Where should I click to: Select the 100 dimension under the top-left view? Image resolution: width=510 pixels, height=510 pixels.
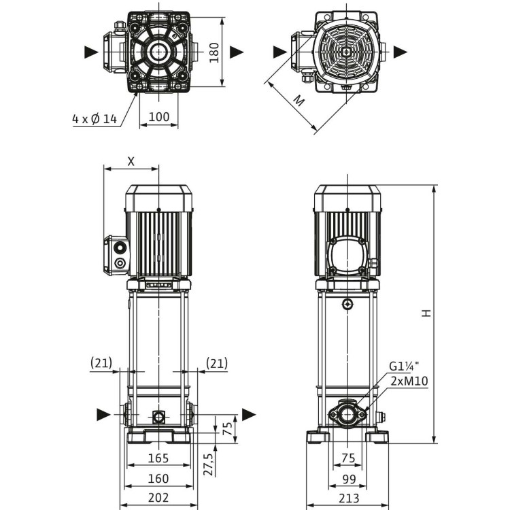coord(158,117)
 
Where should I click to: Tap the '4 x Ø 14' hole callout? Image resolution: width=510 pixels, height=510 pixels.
coord(95,119)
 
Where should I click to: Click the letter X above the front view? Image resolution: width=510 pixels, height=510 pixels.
coord(131,161)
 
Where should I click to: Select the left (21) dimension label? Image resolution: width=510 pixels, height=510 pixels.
coord(101,364)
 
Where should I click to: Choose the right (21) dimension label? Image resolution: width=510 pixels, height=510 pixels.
coord(216,364)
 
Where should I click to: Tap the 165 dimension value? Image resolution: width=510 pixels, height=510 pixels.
coord(158,459)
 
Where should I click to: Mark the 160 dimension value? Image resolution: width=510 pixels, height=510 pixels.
coord(158,479)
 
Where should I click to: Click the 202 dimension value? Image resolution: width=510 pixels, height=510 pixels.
coord(158,498)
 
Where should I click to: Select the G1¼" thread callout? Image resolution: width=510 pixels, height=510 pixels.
coord(403,367)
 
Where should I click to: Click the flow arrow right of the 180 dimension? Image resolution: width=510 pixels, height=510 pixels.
coord(237,52)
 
